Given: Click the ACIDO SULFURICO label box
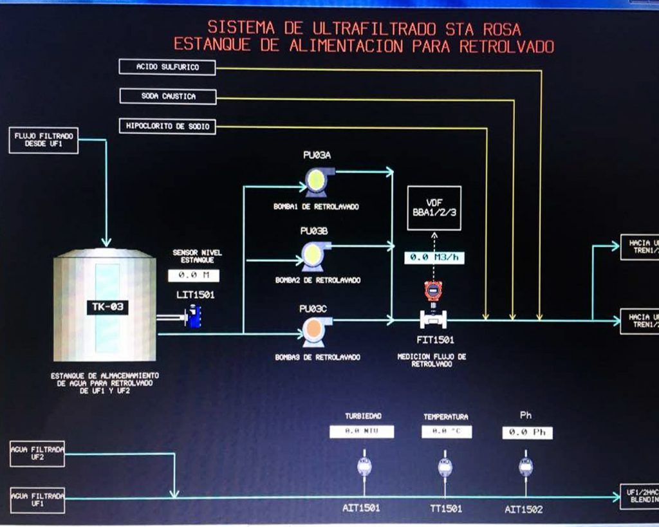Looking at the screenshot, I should [167, 67].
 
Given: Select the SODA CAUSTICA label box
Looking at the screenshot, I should [167, 97].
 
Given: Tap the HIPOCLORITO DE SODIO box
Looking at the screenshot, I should [167, 126].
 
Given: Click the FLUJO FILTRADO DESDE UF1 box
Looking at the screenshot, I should [44, 141].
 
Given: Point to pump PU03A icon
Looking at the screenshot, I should [317, 181].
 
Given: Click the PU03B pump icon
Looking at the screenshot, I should [315, 255].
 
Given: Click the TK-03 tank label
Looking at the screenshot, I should [107, 308].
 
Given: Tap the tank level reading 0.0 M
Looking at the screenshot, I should [194, 276].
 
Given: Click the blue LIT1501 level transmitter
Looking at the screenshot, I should [193, 316].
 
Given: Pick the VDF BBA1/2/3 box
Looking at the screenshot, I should [434, 208].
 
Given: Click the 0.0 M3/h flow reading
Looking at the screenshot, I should [434, 257].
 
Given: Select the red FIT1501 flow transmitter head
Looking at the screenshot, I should [434, 291].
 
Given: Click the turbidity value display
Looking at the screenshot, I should [362, 432].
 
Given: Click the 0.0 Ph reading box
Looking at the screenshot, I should [527, 432].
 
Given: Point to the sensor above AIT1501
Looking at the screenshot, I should [364, 467].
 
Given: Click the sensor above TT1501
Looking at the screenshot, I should [445, 467].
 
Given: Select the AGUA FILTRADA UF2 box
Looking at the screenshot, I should [37, 454].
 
